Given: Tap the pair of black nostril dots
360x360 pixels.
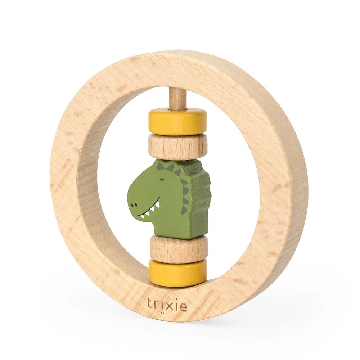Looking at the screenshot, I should (134, 205).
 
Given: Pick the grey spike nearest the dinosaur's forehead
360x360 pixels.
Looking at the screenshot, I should (159, 166).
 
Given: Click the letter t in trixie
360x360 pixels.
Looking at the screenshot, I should (149, 303).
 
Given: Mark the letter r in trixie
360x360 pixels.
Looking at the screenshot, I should (156, 305).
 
